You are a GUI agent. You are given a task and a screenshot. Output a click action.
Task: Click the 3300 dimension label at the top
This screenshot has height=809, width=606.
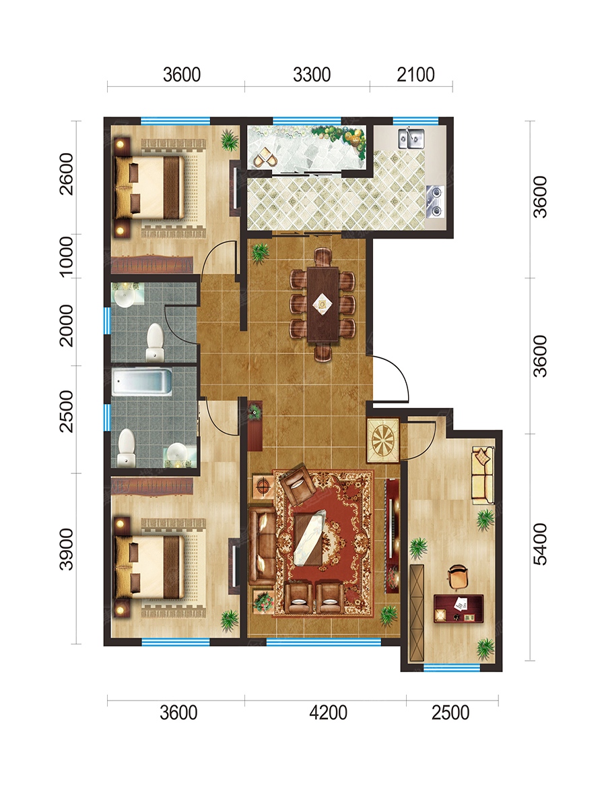[312, 75]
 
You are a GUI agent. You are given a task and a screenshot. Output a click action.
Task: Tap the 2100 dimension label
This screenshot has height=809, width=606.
[415, 75]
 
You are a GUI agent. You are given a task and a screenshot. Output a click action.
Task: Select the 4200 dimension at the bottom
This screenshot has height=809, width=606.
[328, 713]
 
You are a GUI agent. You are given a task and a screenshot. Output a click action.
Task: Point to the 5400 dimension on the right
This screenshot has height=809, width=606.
[540, 544]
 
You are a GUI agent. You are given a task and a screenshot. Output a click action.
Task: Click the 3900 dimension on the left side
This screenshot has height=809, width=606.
[67, 549]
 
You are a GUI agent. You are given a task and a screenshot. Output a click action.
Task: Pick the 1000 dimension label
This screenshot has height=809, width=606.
[67, 258]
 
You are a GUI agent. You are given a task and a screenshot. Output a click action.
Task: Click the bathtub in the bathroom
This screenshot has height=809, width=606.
[141, 382]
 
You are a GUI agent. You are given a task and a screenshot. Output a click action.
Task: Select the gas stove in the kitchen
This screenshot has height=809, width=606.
[435, 202]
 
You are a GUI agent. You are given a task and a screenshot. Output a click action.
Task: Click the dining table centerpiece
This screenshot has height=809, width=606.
[323, 303]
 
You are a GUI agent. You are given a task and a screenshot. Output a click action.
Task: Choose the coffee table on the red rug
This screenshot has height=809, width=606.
[309, 540]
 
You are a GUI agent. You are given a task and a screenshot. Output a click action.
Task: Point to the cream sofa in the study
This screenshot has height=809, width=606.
[483, 475]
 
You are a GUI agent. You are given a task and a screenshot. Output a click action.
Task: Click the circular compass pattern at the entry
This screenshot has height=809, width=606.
[384, 440]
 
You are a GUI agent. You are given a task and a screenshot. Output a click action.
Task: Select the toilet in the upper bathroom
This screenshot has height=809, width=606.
[155, 342]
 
